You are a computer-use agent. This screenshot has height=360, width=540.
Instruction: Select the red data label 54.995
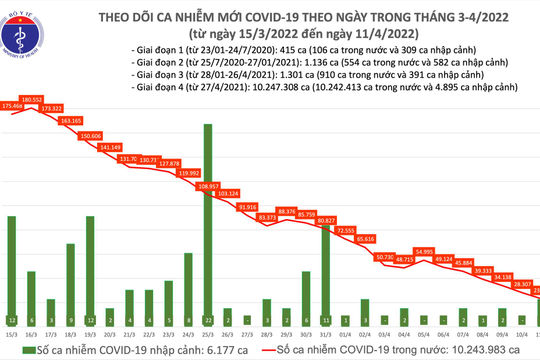(x=423, y=251)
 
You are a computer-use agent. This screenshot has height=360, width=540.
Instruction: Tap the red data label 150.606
(x=91, y=134)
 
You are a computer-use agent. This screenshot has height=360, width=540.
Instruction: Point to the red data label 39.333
(x=482, y=271)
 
